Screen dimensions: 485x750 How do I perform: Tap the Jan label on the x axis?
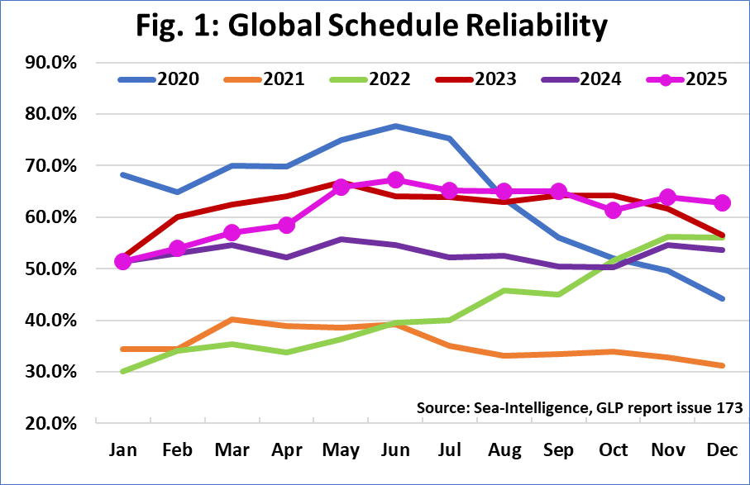click(x=124, y=450)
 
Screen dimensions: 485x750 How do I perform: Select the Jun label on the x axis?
click(x=396, y=450)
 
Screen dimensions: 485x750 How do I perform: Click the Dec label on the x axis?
click(x=722, y=450)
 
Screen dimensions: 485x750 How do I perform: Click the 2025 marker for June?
click(x=396, y=180)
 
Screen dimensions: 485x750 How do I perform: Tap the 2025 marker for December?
click(x=722, y=202)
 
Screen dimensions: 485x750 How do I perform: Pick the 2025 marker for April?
click(x=287, y=225)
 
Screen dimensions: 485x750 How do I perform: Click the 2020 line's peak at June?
click(x=396, y=126)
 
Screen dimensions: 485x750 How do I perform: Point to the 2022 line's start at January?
click(x=124, y=372)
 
